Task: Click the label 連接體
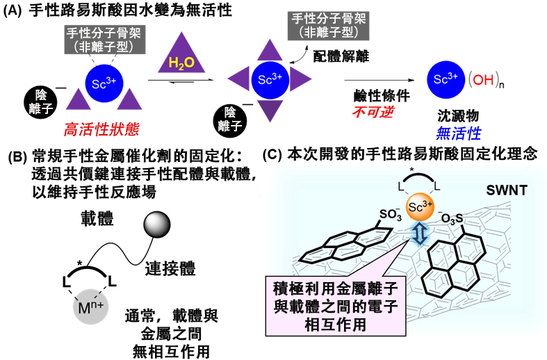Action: pos(166,267)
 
